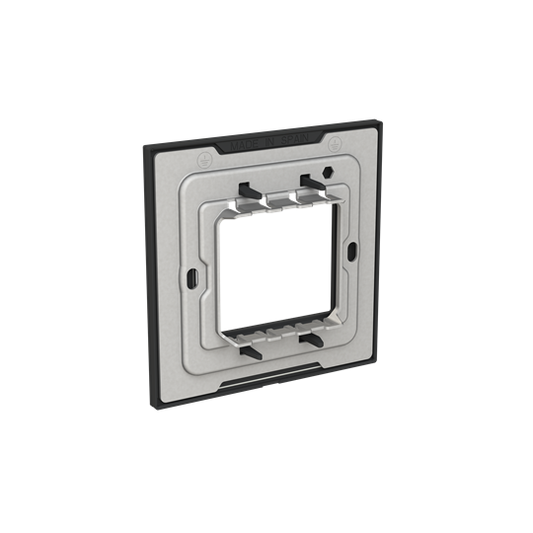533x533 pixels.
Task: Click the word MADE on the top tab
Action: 240,145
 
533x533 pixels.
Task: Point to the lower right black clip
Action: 314,338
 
